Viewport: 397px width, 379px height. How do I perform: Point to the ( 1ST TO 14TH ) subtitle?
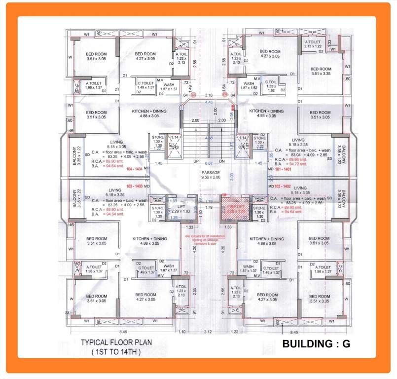pyautogui.click(x=116, y=352)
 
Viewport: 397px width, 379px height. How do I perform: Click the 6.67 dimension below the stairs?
pyautogui.click(x=209, y=162)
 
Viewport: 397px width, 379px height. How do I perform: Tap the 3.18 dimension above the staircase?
pyautogui.click(x=209, y=95)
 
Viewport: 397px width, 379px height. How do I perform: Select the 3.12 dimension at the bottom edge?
pyautogui.click(x=207, y=332)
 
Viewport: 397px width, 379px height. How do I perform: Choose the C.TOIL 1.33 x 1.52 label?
pyautogui.click(x=271, y=86)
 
